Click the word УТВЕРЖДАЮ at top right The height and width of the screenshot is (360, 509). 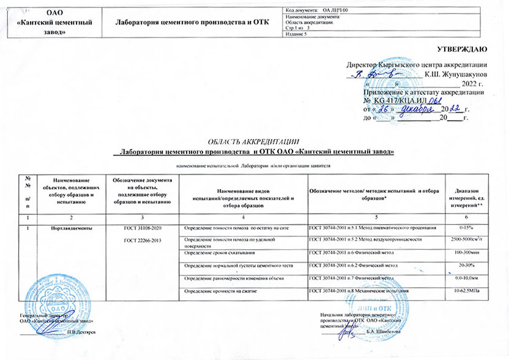pyautogui.click(x=462, y=48)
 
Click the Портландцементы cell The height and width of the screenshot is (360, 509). pyautogui.click(x=72, y=228)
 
